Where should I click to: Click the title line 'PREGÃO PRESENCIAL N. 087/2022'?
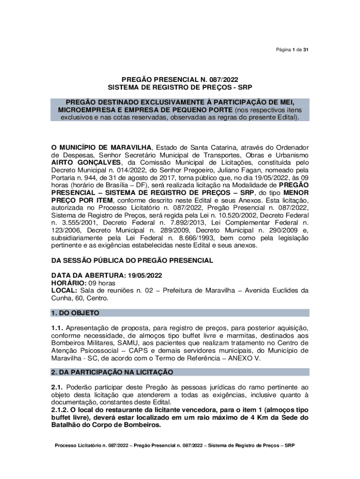point(180,80)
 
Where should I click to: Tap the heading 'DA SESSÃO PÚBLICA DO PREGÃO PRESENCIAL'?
point(132,260)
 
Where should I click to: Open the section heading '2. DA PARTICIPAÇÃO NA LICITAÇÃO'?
point(112,372)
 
